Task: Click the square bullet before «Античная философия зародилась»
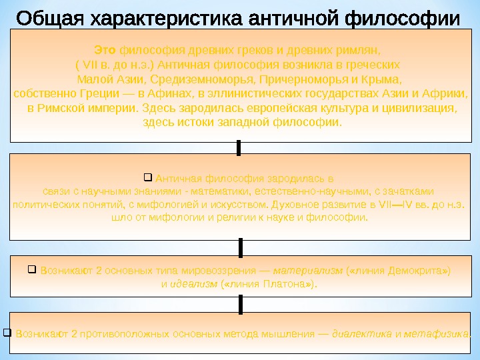point(148,177)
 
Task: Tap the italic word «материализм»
point(307,271)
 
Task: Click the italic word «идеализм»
point(194,284)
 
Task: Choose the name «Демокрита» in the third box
point(418,271)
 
